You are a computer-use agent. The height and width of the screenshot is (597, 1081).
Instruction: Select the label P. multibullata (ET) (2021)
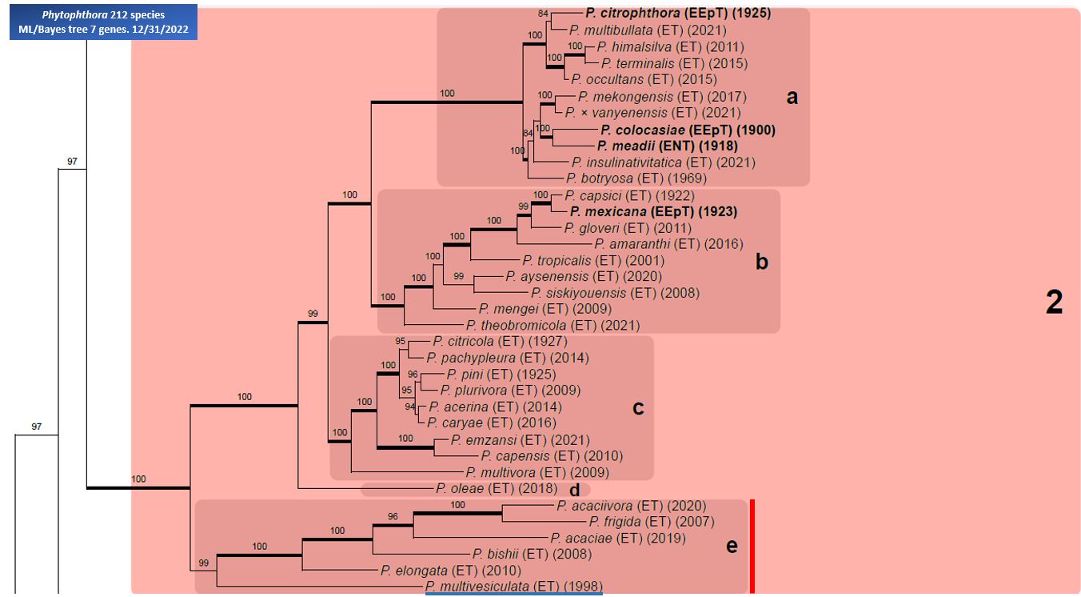click(648, 30)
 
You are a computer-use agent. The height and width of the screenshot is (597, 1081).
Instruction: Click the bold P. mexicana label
click(653, 211)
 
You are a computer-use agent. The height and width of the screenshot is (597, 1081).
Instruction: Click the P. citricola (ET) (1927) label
click(500, 342)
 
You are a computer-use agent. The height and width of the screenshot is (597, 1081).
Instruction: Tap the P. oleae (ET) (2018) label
click(497, 488)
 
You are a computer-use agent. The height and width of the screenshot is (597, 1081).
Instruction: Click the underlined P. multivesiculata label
click(514, 587)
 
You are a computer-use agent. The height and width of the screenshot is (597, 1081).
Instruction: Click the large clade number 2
click(1054, 303)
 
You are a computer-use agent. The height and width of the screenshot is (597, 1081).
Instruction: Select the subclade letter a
click(792, 97)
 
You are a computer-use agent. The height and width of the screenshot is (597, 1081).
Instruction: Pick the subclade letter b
click(761, 262)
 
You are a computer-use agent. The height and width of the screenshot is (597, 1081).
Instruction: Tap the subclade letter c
click(638, 408)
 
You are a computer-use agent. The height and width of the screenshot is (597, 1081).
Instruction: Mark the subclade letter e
click(732, 546)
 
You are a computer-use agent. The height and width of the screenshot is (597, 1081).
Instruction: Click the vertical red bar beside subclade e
click(752, 547)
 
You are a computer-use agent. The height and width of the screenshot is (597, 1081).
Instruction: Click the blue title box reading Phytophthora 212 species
click(103, 22)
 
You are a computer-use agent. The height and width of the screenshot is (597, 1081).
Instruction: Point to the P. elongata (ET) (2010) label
click(451, 571)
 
